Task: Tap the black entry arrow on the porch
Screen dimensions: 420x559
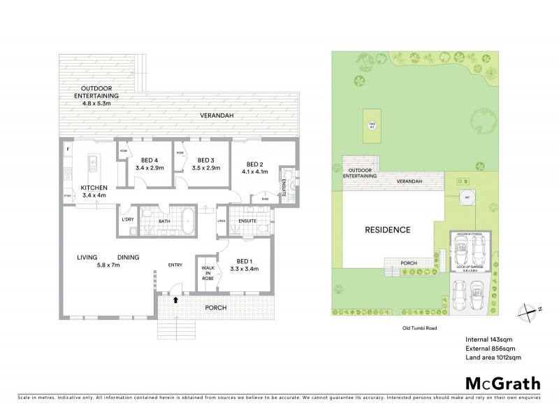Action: (175, 299)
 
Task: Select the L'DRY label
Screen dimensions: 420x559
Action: (127, 220)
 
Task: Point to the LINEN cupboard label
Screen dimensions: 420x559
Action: (222, 222)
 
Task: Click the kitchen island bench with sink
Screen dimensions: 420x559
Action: (92, 165)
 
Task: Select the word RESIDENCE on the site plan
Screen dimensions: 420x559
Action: (386, 230)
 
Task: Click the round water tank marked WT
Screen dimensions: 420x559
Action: (465, 197)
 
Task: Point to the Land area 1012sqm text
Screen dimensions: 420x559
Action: (493, 357)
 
